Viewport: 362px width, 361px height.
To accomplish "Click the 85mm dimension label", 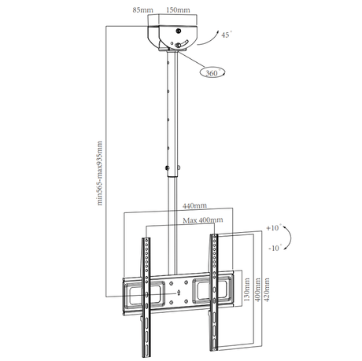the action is [142, 10].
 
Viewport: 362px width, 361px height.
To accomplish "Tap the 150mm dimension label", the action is [178, 10].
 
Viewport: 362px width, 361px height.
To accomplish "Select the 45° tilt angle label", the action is [227, 35].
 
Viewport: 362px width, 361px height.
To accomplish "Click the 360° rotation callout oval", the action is [212, 72].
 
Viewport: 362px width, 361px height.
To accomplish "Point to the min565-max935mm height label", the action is [99, 173].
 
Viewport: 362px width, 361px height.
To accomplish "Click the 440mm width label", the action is [194, 206].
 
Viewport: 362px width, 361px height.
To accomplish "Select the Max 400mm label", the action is [203, 220].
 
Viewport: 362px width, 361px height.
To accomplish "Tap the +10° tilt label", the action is [274, 227].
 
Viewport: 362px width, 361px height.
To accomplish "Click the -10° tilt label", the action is [275, 248].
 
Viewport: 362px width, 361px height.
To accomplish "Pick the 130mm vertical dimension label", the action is [247, 289].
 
